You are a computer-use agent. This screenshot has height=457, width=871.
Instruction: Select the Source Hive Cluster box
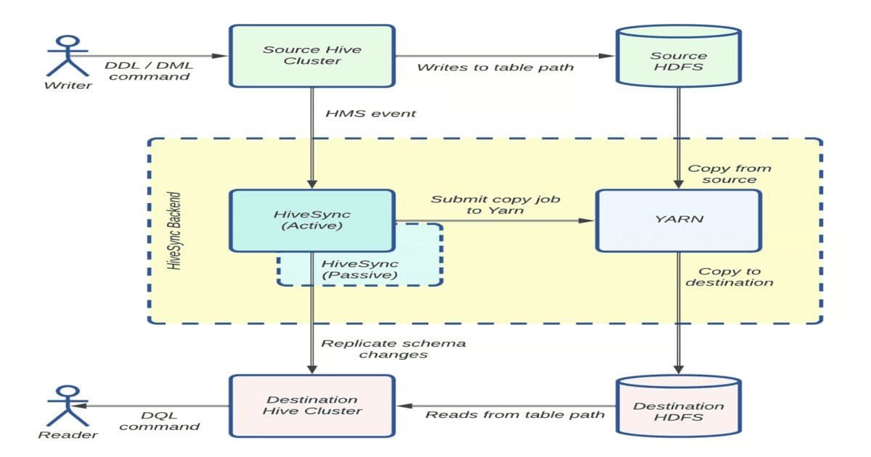tap(312, 56)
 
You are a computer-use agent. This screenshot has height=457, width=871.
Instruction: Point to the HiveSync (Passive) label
tap(360, 269)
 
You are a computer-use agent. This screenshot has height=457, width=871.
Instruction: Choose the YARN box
tap(678, 220)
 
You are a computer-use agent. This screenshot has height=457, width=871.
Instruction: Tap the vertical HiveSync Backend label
tap(174, 231)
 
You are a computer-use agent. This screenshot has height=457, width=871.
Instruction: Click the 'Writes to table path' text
tap(495, 67)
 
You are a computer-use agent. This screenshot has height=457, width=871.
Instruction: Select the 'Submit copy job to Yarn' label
tap(496, 204)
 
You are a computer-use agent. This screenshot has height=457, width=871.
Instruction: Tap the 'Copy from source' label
tap(729, 173)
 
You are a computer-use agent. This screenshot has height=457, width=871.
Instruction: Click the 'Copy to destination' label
tap(729, 276)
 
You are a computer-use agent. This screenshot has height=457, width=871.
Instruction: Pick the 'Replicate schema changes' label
tap(393, 348)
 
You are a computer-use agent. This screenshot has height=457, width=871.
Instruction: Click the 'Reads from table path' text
tap(515, 415)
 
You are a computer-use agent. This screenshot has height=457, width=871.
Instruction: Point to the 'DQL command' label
tap(159, 421)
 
